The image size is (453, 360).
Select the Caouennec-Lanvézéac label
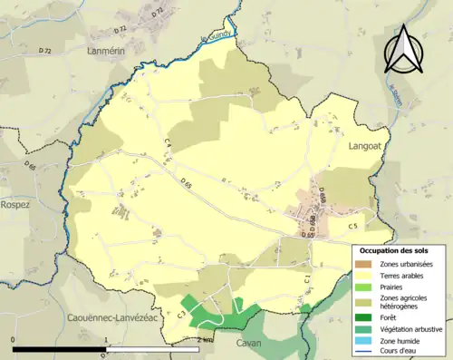click(112, 317)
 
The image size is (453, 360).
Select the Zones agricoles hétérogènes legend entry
click(404, 302)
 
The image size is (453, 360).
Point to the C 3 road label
click(181, 313)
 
